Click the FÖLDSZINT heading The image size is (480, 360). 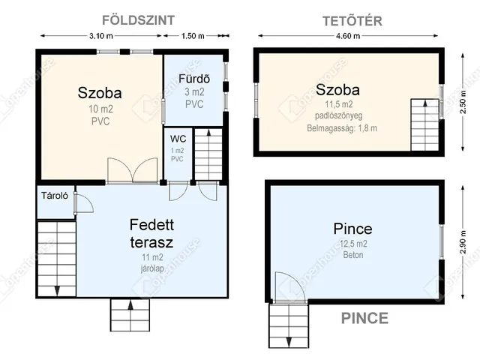[x=138, y=20]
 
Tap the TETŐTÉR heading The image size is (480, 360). [x=352, y=21]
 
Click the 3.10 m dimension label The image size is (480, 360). [x=101, y=36]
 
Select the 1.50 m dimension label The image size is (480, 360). [x=193, y=36]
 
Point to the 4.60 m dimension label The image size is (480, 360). [x=348, y=36]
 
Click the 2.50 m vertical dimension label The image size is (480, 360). [x=463, y=102]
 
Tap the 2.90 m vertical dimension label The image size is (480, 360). [x=463, y=242]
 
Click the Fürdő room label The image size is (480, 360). [x=194, y=79]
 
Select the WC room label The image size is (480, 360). [x=178, y=139]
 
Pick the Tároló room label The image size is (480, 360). [x=55, y=196]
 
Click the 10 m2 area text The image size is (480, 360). [x=100, y=109]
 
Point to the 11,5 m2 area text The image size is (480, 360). [x=339, y=104]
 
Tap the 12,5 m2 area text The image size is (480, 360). [x=353, y=244]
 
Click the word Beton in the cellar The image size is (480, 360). [x=353, y=255]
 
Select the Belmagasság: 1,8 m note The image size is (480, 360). [x=342, y=128]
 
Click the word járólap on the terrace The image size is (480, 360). [x=152, y=268]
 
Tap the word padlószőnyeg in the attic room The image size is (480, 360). [x=339, y=115]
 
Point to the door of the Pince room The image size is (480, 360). [x=290, y=287]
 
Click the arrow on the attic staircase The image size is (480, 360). [x=425, y=103]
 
